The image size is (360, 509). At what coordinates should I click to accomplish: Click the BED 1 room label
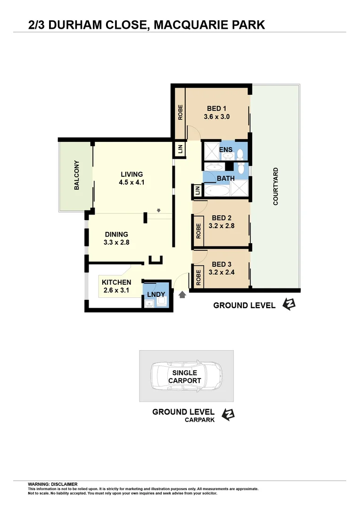[x=217, y=109]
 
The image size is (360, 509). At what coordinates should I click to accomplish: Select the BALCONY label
[x=77, y=175]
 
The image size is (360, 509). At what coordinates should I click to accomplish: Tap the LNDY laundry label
[x=156, y=295]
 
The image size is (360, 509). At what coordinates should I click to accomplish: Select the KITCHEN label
[x=113, y=282]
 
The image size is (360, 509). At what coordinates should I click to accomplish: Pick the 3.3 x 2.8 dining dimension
[x=116, y=243]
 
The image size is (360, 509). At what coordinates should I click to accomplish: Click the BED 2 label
[x=221, y=218]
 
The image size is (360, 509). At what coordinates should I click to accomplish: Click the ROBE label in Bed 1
[x=180, y=112]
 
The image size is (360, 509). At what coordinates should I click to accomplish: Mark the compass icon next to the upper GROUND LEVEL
[x=288, y=305]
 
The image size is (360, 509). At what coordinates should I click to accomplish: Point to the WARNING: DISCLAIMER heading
[x=53, y=484]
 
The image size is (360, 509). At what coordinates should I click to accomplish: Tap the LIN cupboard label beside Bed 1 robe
[x=180, y=149]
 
